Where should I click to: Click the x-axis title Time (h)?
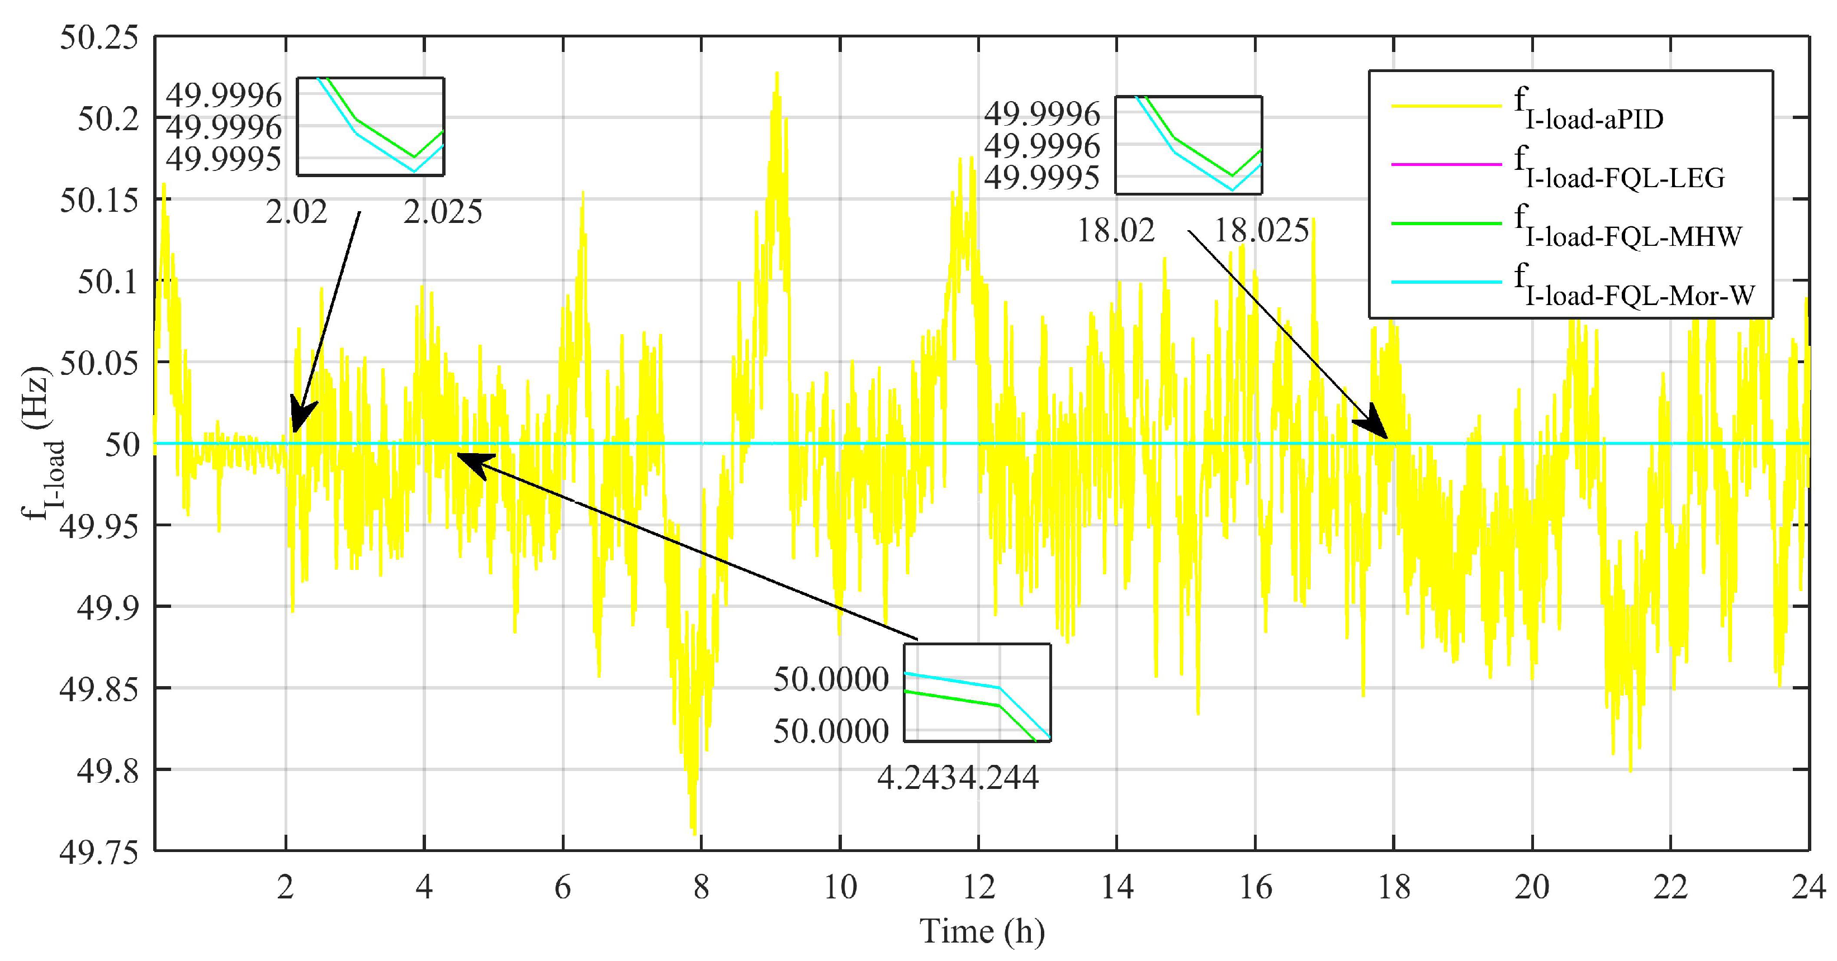tap(982, 931)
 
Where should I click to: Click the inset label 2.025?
tap(443, 212)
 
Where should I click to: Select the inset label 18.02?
tap(1115, 231)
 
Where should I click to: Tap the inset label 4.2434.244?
tap(958, 778)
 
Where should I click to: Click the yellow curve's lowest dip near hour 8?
tap(694, 832)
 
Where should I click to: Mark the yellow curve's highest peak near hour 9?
tap(777, 73)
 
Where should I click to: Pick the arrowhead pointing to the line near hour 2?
tap(300, 421)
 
